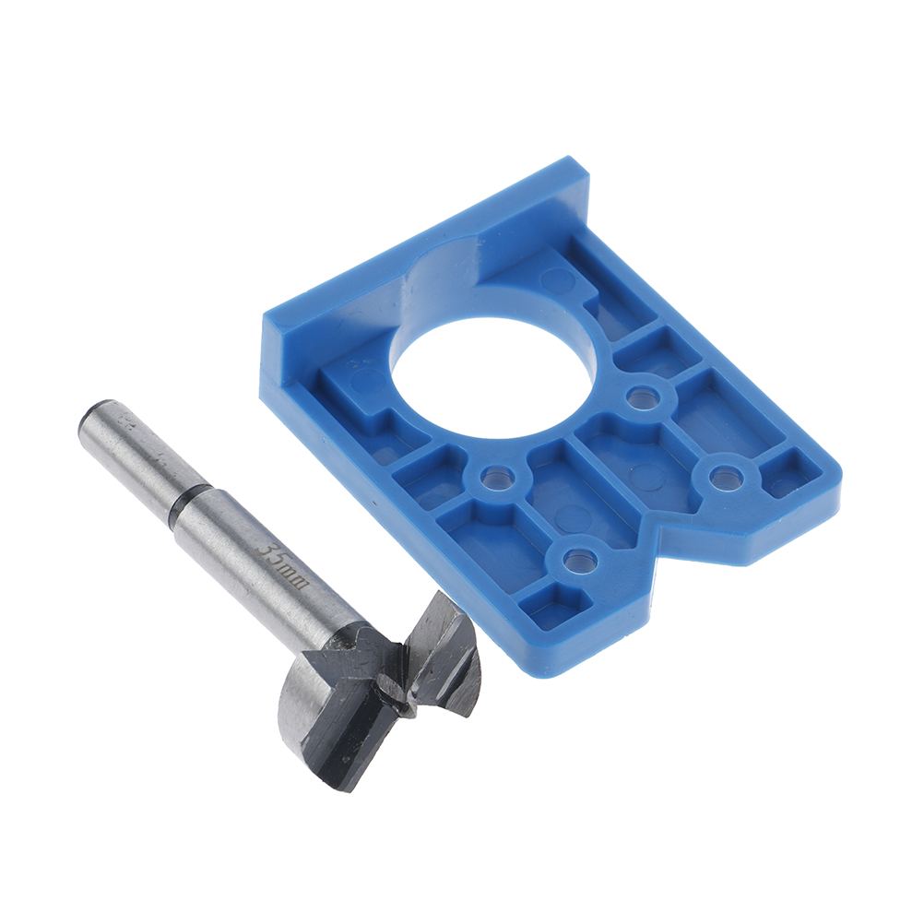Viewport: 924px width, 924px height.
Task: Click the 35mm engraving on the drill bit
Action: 282,564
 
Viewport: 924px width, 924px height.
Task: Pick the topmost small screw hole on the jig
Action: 641,397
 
